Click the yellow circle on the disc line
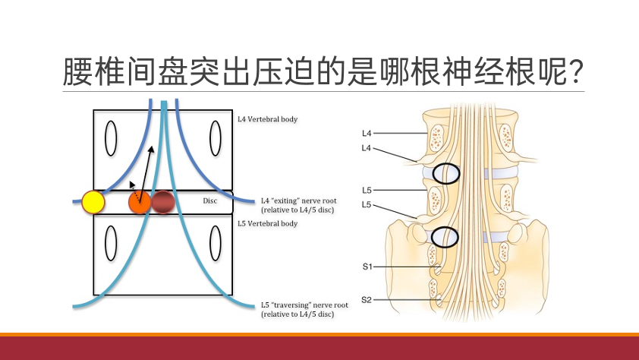[93, 201]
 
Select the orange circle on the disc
[139, 202]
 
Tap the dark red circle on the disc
[163, 201]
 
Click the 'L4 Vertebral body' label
[269, 118]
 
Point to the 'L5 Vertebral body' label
[268, 224]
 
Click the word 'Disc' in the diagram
[210, 201]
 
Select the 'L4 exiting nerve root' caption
[298, 204]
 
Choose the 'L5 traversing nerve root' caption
[298, 308]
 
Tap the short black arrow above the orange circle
[134, 185]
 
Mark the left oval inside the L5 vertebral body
[112, 245]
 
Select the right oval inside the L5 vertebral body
[216, 245]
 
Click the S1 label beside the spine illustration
[368, 267]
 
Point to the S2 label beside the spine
[368, 300]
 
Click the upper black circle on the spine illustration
[446, 173]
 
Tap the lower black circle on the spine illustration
[445, 238]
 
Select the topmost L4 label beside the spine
[368, 134]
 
